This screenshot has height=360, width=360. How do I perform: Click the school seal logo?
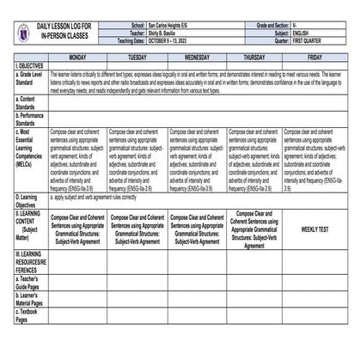point(22,33)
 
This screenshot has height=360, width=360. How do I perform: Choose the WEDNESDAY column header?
point(197,57)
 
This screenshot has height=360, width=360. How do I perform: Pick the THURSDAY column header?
point(253,57)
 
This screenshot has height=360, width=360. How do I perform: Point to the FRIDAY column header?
point(314,57)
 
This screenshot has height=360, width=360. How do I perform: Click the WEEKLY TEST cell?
point(314,230)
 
